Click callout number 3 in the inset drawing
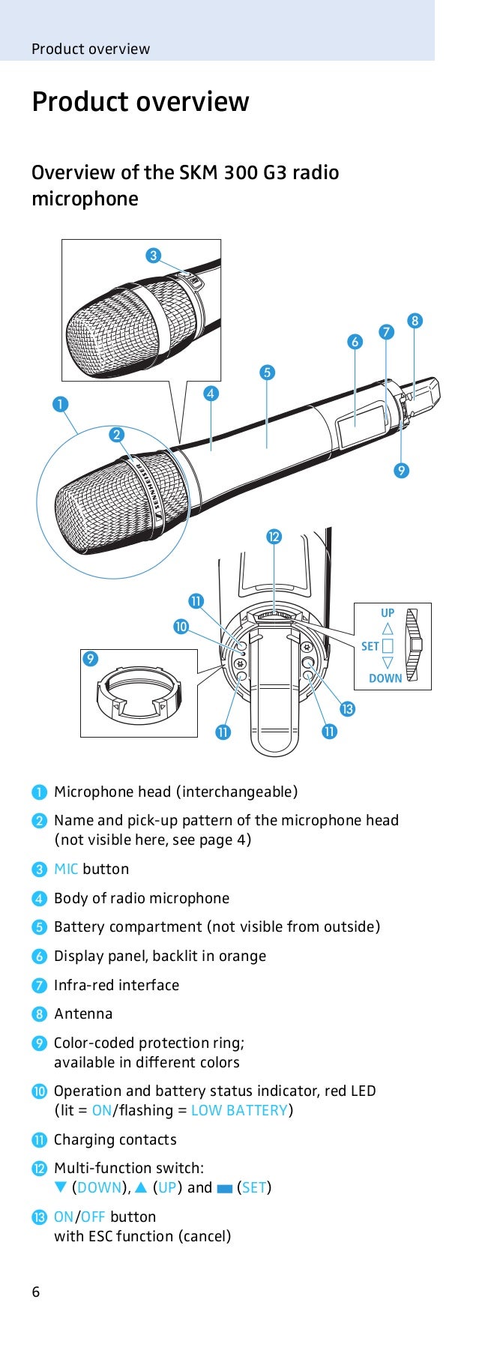click(153, 256)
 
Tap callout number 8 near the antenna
click(415, 321)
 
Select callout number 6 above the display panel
click(355, 342)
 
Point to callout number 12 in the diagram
click(274, 536)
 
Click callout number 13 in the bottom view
click(347, 708)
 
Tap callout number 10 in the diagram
click(181, 626)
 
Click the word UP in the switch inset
click(388, 613)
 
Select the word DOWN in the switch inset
click(385, 678)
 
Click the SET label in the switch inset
click(370, 646)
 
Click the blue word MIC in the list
click(66, 869)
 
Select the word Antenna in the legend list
click(83, 1013)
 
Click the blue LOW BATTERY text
click(239, 1110)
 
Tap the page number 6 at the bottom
click(36, 1292)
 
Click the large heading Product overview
click(140, 102)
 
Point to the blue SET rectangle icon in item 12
click(224, 1188)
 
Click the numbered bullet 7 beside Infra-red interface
click(39, 986)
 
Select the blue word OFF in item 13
click(92, 1217)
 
